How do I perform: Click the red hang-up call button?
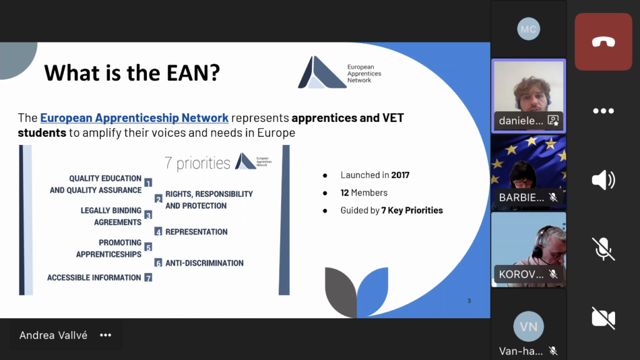click(x=603, y=42)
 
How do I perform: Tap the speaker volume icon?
click(x=603, y=180)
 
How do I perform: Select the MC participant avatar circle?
click(x=529, y=29)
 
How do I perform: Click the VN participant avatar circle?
click(x=529, y=326)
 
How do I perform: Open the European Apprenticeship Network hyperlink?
click(x=134, y=117)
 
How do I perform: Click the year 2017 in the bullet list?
click(x=400, y=175)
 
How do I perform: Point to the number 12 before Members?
click(x=344, y=192)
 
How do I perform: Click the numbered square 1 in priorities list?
click(x=148, y=182)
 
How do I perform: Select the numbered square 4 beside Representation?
click(x=158, y=231)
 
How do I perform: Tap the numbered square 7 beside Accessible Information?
click(x=148, y=277)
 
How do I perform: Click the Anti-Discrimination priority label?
click(x=204, y=263)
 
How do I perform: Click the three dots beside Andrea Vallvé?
click(x=106, y=335)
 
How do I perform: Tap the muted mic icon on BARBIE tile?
click(x=553, y=197)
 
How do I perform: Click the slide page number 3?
click(x=469, y=301)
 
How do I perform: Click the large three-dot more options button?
click(x=603, y=111)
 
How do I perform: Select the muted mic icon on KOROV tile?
click(x=553, y=274)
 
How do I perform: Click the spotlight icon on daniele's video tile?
click(x=553, y=121)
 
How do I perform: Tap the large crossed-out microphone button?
click(x=603, y=249)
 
